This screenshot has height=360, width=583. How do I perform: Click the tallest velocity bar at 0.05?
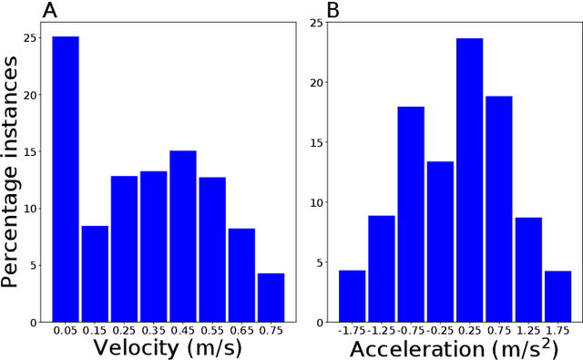(x=65, y=180)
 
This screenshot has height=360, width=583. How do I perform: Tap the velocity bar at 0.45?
(x=182, y=236)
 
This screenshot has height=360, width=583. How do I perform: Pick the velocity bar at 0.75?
(x=271, y=297)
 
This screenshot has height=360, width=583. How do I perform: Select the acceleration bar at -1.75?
(x=352, y=296)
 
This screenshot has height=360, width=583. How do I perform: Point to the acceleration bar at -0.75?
(x=411, y=214)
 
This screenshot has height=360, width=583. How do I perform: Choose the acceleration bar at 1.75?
(x=557, y=296)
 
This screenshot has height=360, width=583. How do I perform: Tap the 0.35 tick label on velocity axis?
(x=153, y=330)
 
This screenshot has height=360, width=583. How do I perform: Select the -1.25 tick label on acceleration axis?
(x=381, y=330)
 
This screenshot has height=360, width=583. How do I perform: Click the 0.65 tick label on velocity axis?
(x=241, y=330)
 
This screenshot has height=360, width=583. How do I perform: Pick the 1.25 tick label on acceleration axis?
(x=528, y=330)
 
